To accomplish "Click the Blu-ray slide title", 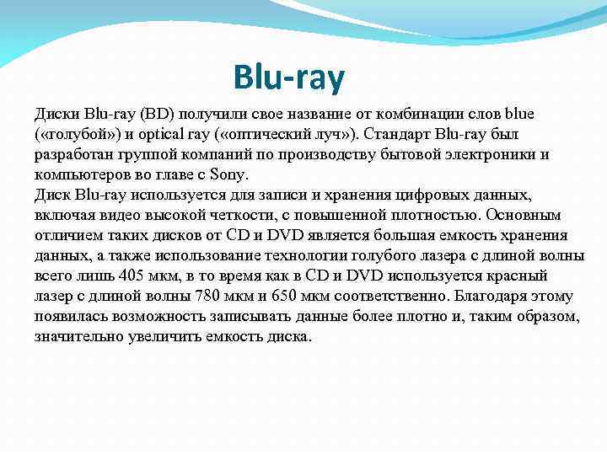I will point(290,78).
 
